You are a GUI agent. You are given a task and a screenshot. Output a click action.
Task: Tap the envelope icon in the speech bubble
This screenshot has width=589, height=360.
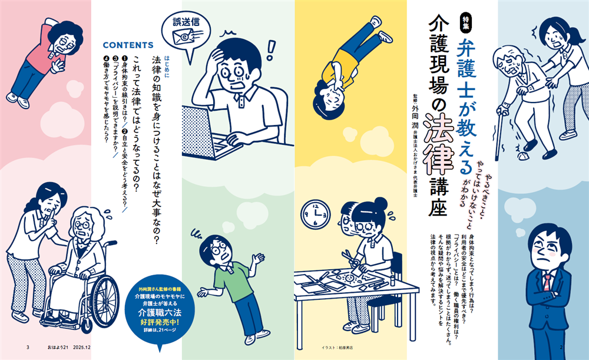click(x=183, y=38)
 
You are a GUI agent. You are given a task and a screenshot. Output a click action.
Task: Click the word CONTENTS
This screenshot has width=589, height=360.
click(x=128, y=45)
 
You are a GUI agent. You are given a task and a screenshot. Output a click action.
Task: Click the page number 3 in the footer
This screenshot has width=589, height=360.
click(x=28, y=347)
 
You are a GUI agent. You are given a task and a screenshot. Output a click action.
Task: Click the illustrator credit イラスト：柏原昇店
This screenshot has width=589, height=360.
click(x=336, y=348)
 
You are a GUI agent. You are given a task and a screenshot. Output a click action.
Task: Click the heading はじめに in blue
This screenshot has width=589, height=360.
click(x=168, y=60)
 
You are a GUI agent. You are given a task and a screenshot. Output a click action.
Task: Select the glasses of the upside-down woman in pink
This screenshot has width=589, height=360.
click(x=59, y=39)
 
